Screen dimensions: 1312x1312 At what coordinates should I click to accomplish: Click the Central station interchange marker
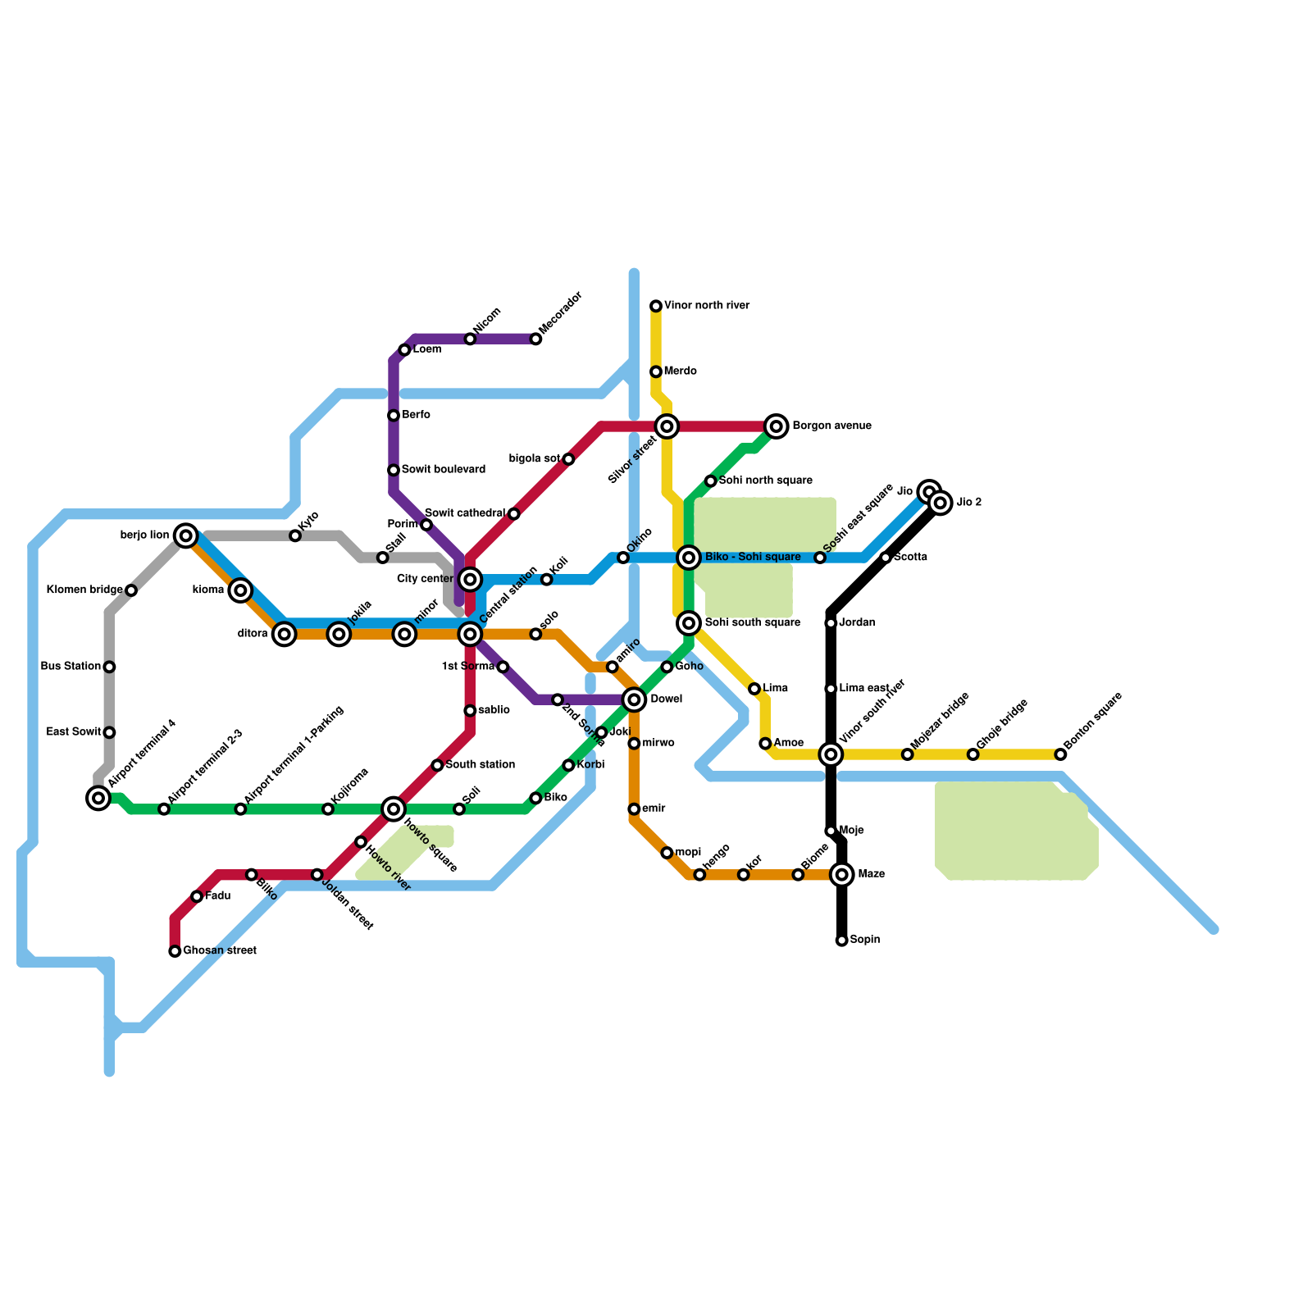click(470, 634)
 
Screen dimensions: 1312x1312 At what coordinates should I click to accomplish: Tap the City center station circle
click(470, 580)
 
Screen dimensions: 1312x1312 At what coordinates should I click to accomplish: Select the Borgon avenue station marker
click(777, 426)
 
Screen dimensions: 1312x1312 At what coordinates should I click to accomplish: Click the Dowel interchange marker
click(634, 699)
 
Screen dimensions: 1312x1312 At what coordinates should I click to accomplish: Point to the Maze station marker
click(842, 875)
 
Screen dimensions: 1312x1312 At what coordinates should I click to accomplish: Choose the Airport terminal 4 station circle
click(98, 798)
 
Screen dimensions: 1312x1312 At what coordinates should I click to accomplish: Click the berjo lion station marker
click(186, 535)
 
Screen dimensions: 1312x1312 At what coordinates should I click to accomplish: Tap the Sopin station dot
click(842, 941)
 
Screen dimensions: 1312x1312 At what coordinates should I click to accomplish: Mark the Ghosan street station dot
click(175, 951)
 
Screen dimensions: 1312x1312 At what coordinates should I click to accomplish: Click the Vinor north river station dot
click(656, 306)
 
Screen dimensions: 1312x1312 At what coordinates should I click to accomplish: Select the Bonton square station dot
click(1060, 754)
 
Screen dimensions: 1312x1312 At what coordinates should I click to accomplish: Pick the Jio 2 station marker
click(941, 503)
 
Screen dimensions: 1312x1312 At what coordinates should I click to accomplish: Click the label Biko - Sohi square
click(753, 558)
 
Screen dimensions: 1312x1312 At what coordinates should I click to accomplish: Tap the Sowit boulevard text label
click(444, 470)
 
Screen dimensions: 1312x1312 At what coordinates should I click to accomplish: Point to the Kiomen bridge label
click(84, 590)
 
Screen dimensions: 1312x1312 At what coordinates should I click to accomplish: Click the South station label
click(481, 765)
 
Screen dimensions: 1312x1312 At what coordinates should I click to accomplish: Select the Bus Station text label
click(71, 667)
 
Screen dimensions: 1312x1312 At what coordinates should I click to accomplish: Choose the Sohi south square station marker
click(689, 623)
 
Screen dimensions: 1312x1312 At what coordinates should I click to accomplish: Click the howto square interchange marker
click(394, 809)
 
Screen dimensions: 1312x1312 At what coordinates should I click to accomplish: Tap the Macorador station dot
click(535, 339)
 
